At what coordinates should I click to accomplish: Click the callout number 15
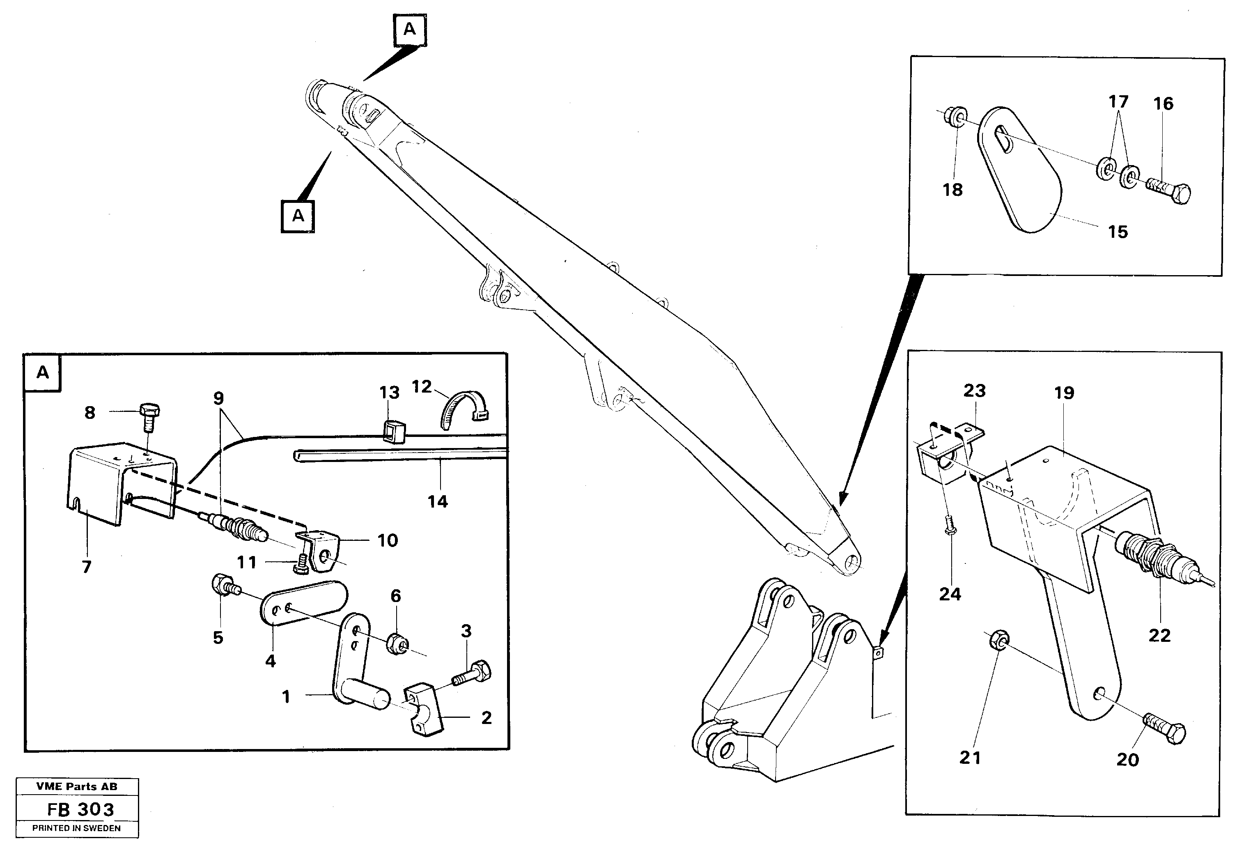[x=1118, y=232]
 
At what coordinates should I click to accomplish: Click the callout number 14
[x=438, y=501]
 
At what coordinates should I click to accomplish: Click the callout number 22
[x=1159, y=636]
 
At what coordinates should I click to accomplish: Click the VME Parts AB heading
[x=77, y=787]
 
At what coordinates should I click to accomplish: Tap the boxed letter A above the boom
[x=409, y=29]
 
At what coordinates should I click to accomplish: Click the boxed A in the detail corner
[x=43, y=372]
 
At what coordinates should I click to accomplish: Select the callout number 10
[x=388, y=541]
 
